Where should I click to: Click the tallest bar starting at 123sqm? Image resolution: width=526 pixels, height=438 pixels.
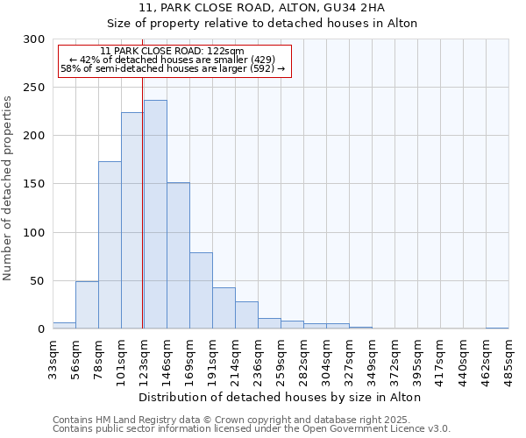click(155, 215)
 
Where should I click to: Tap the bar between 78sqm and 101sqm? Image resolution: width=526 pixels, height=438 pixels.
click(110, 245)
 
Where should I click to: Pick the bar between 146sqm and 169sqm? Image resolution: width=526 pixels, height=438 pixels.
click(178, 256)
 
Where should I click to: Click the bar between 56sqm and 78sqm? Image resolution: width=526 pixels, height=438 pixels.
click(87, 305)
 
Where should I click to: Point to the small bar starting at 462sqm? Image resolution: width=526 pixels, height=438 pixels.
click(497, 328)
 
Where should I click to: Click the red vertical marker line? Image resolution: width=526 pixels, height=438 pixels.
click(142, 201)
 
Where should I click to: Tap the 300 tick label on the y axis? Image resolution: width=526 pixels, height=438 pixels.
click(34, 39)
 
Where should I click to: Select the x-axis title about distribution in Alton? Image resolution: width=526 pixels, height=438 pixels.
click(281, 397)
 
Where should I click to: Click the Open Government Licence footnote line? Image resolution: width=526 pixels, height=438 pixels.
click(252, 429)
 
